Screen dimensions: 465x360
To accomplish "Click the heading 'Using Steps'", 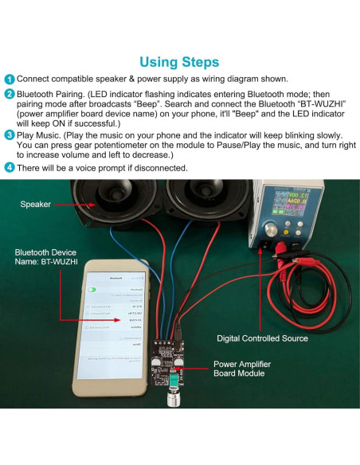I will point(179,61).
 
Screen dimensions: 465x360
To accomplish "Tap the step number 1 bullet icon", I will point(9,80).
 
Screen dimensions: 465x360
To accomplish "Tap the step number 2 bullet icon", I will point(9,94).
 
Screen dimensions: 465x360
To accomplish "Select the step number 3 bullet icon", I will point(9,136).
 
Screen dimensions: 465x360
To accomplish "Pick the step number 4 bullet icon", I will point(9,168).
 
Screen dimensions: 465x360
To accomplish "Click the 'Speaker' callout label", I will point(35,205).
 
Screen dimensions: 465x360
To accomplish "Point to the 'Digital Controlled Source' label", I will point(262,338).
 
